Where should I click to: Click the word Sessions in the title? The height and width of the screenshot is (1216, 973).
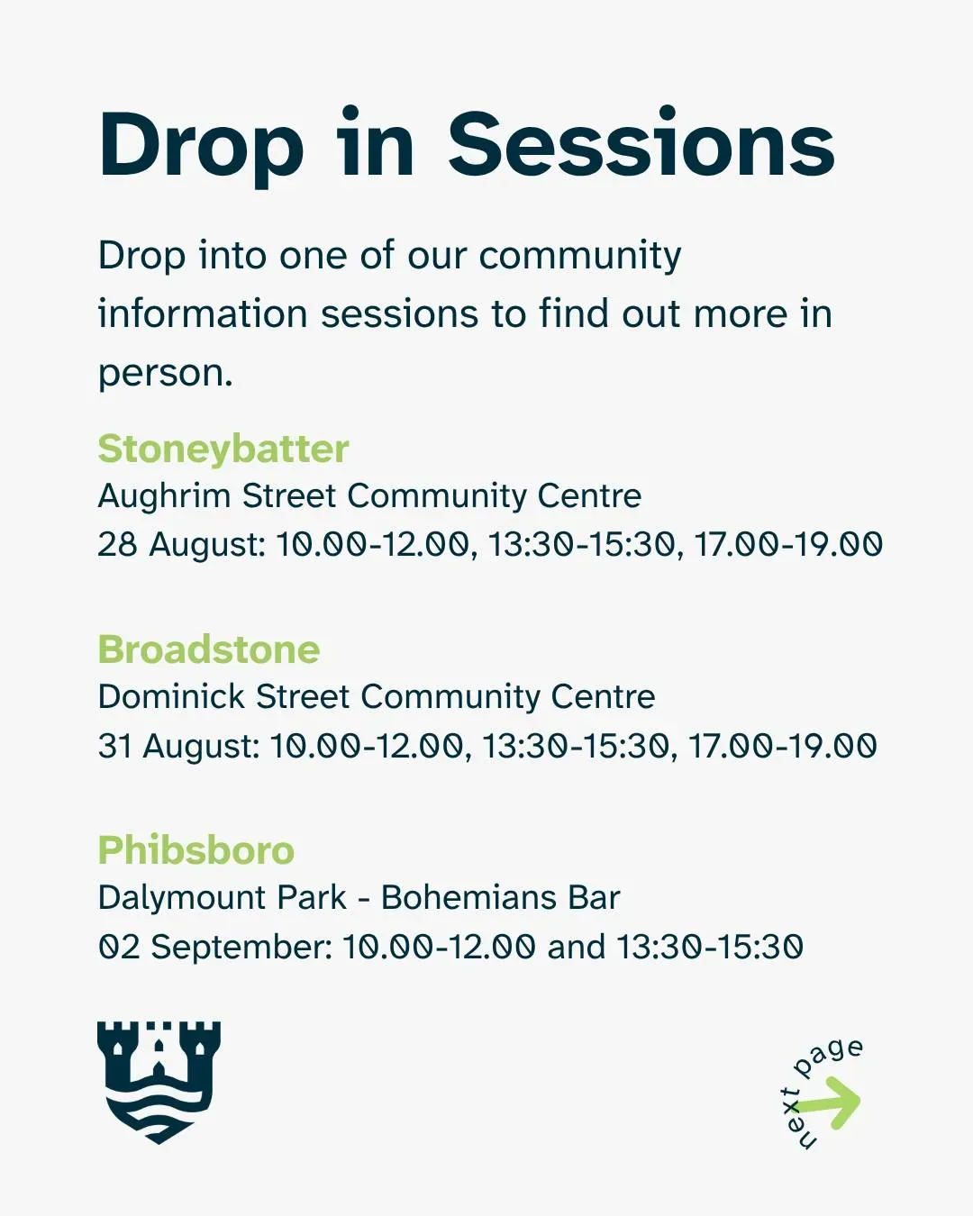coord(641,144)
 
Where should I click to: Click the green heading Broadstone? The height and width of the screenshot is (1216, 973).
coord(209,649)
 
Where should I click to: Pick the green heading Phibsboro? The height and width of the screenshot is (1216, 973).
coord(196,849)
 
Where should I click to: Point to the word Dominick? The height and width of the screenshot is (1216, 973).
coord(171,695)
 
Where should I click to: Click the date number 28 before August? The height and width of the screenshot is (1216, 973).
coord(118,544)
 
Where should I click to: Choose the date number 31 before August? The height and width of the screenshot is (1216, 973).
coord(115,745)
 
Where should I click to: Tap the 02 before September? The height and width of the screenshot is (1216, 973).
coord(119,947)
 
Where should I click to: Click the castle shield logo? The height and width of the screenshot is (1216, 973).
coord(159,1082)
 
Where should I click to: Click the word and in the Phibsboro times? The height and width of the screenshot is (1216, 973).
coord(576,947)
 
